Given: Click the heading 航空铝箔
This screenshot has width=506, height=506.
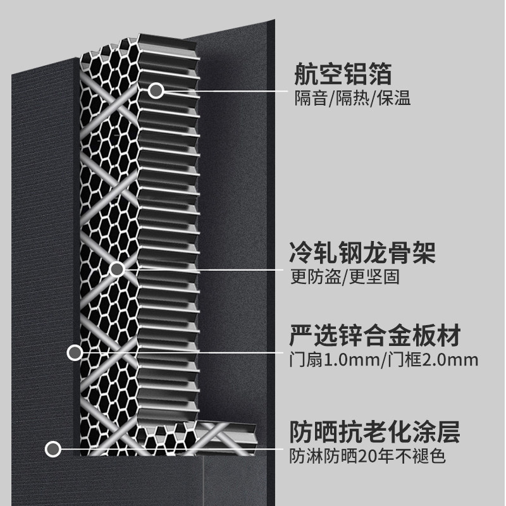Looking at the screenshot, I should point(343,75).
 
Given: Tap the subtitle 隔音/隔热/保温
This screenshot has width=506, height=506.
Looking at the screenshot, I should point(353,99).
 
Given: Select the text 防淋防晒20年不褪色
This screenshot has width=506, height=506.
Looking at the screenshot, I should point(367,455).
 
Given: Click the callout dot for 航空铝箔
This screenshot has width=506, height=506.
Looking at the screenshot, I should point(156,91).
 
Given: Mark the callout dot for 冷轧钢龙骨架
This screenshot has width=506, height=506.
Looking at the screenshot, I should point(116,269).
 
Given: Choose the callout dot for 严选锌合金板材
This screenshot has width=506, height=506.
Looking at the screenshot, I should point(75,352).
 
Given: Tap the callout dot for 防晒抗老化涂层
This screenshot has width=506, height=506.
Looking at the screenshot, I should point(53,449).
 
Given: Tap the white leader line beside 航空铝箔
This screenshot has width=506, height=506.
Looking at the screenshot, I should point(221,91).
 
